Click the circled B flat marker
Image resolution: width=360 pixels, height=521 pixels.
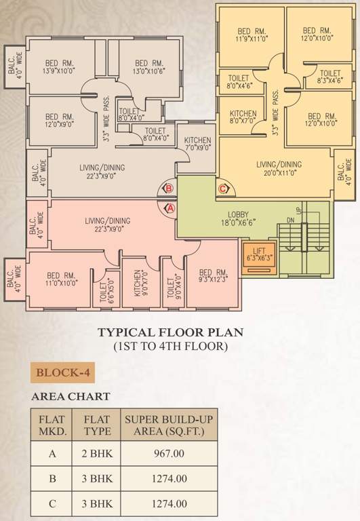[169, 189]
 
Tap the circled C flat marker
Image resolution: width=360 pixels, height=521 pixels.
[222, 189]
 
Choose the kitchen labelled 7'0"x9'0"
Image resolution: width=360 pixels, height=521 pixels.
[197, 143]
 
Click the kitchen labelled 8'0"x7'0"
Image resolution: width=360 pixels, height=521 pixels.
[242, 117]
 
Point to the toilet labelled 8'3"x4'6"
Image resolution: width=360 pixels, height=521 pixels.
[329, 77]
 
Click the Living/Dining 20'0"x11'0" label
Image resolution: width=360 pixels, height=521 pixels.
[279, 168]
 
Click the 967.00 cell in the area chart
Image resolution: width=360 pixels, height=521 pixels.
[170, 455]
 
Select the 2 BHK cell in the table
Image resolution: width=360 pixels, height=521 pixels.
[97, 455]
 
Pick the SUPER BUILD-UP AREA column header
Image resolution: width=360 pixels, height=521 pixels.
[170, 424]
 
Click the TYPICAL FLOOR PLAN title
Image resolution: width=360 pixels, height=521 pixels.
[170, 333]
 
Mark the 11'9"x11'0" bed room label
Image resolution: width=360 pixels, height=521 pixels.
[251, 35]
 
